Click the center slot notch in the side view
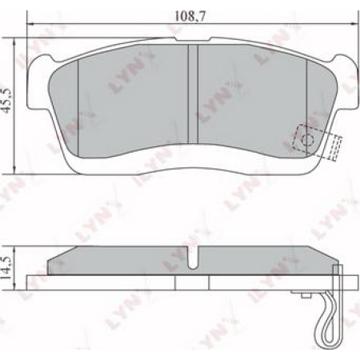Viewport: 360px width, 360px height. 192,259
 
